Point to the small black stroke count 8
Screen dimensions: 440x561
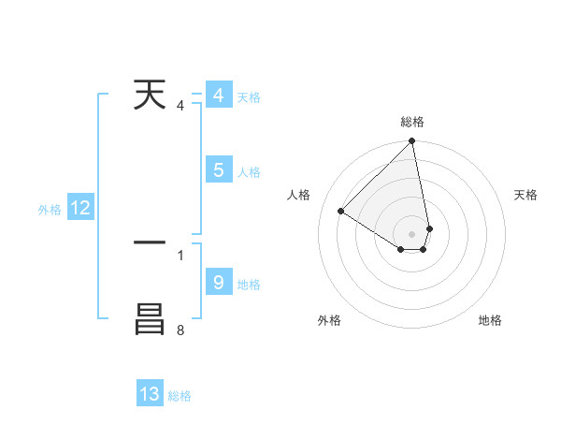pos(180,330)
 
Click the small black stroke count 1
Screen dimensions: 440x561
pos(180,254)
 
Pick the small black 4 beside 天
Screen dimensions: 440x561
pos(180,106)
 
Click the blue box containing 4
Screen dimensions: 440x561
pos(218,95)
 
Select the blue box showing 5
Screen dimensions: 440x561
pos(218,170)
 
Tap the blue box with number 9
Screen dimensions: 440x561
pos(218,282)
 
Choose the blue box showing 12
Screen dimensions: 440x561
pos(80,209)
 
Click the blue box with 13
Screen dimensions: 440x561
pos(150,394)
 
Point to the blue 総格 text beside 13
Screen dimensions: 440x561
pos(180,396)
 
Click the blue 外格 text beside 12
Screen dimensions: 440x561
pos(50,211)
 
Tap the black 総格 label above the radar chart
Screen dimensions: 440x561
pos(412,122)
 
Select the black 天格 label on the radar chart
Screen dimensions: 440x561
pos(525,195)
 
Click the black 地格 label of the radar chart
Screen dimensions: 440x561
pos(490,320)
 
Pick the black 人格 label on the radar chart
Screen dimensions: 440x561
pos(299,195)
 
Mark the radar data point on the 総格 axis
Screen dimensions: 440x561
pos(412,141)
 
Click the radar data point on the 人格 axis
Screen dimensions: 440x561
pos(341,211)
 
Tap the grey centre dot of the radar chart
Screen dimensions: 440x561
pos(412,233)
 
